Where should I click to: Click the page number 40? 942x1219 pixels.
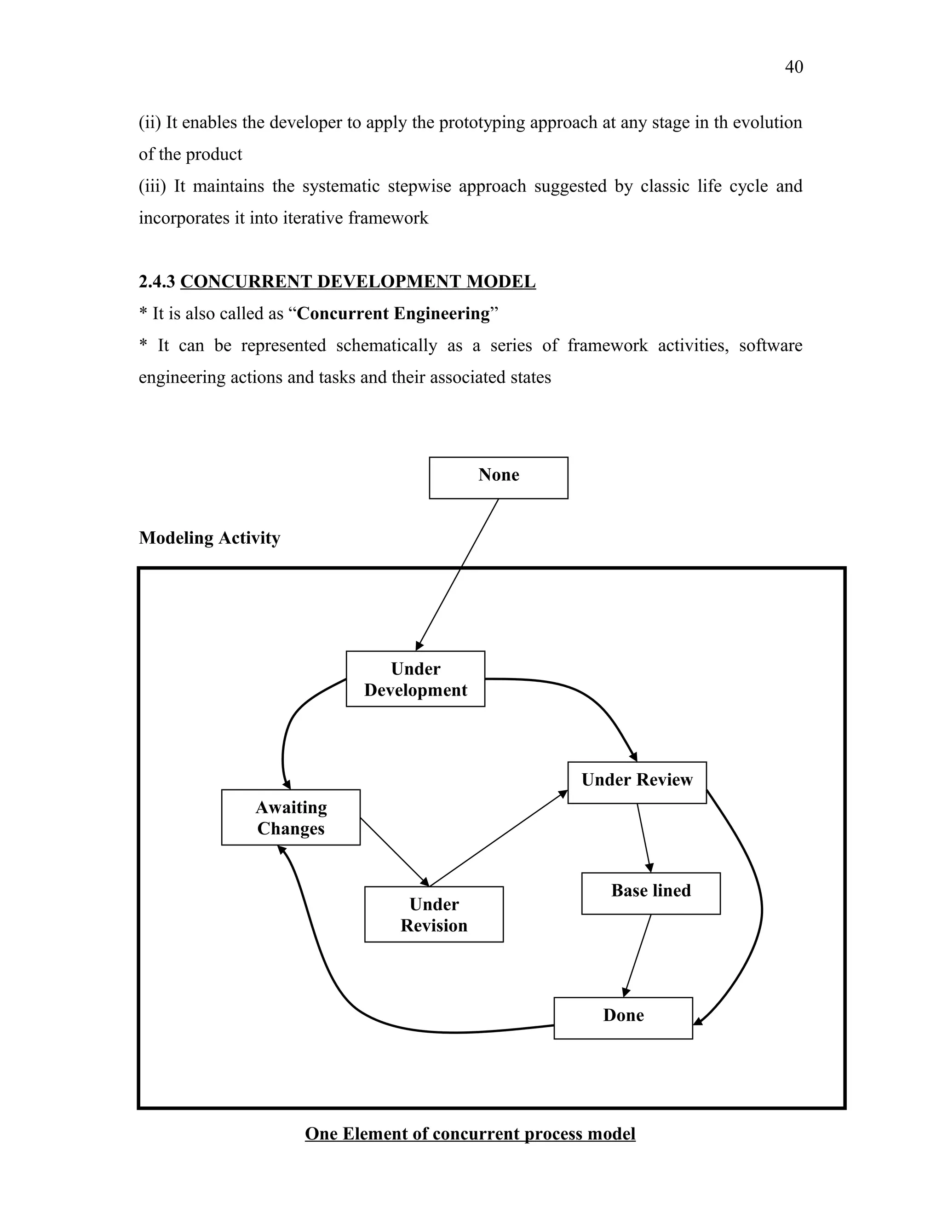pos(793,67)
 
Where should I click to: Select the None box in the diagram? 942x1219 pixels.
pos(498,478)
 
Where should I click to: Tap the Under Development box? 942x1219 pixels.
pos(415,678)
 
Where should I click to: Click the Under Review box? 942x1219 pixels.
pos(637,782)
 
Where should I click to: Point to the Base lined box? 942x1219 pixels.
pos(651,893)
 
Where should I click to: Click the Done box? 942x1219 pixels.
pos(623,1018)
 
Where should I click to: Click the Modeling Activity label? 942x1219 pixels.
pos(209,538)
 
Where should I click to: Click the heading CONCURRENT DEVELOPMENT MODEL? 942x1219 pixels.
pos(358,282)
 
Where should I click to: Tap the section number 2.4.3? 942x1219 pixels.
pos(157,282)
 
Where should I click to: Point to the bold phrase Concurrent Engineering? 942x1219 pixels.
pos(393,314)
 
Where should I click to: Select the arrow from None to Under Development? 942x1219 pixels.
pos(458,575)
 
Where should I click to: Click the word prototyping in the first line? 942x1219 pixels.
pos(482,122)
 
